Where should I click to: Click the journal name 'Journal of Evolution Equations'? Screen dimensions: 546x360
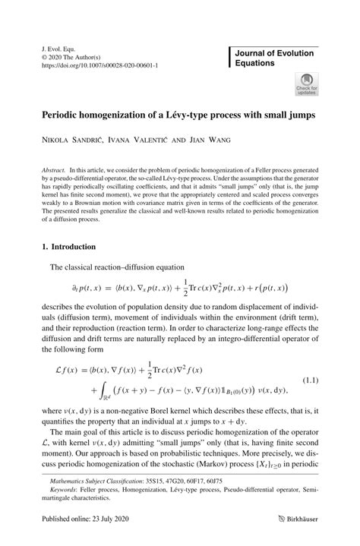[x=273, y=59]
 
